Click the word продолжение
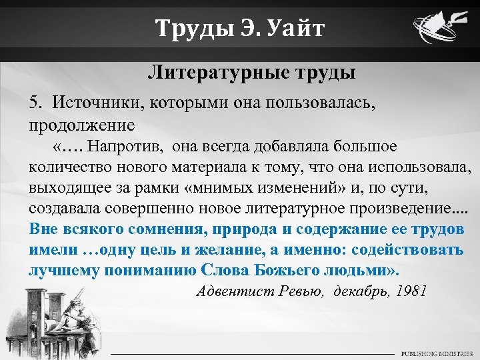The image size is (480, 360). (x=82, y=124)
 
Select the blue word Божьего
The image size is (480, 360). (x=291, y=270)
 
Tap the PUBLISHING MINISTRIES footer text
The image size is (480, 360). (x=436, y=352)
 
